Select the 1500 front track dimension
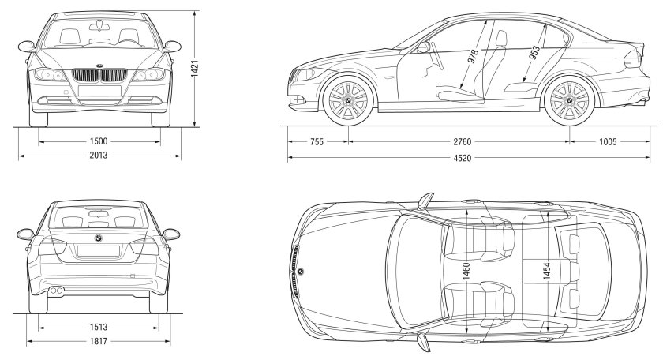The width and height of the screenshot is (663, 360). tap(99, 141)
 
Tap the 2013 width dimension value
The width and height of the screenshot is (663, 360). tap(99, 156)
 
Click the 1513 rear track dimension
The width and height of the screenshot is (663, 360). tap(99, 325)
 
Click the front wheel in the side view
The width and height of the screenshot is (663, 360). tap(349, 101)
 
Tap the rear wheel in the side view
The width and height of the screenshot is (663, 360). tap(568, 101)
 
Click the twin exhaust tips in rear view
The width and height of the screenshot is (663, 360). tap(58, 291)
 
